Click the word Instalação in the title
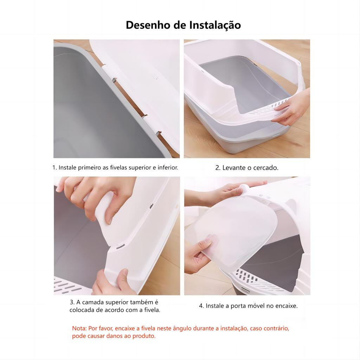click(215, 25)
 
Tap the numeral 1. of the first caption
click(54, 168)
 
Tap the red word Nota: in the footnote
click(79, 328)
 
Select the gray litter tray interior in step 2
click(243, 83)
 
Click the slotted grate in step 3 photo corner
click(66, 285)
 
